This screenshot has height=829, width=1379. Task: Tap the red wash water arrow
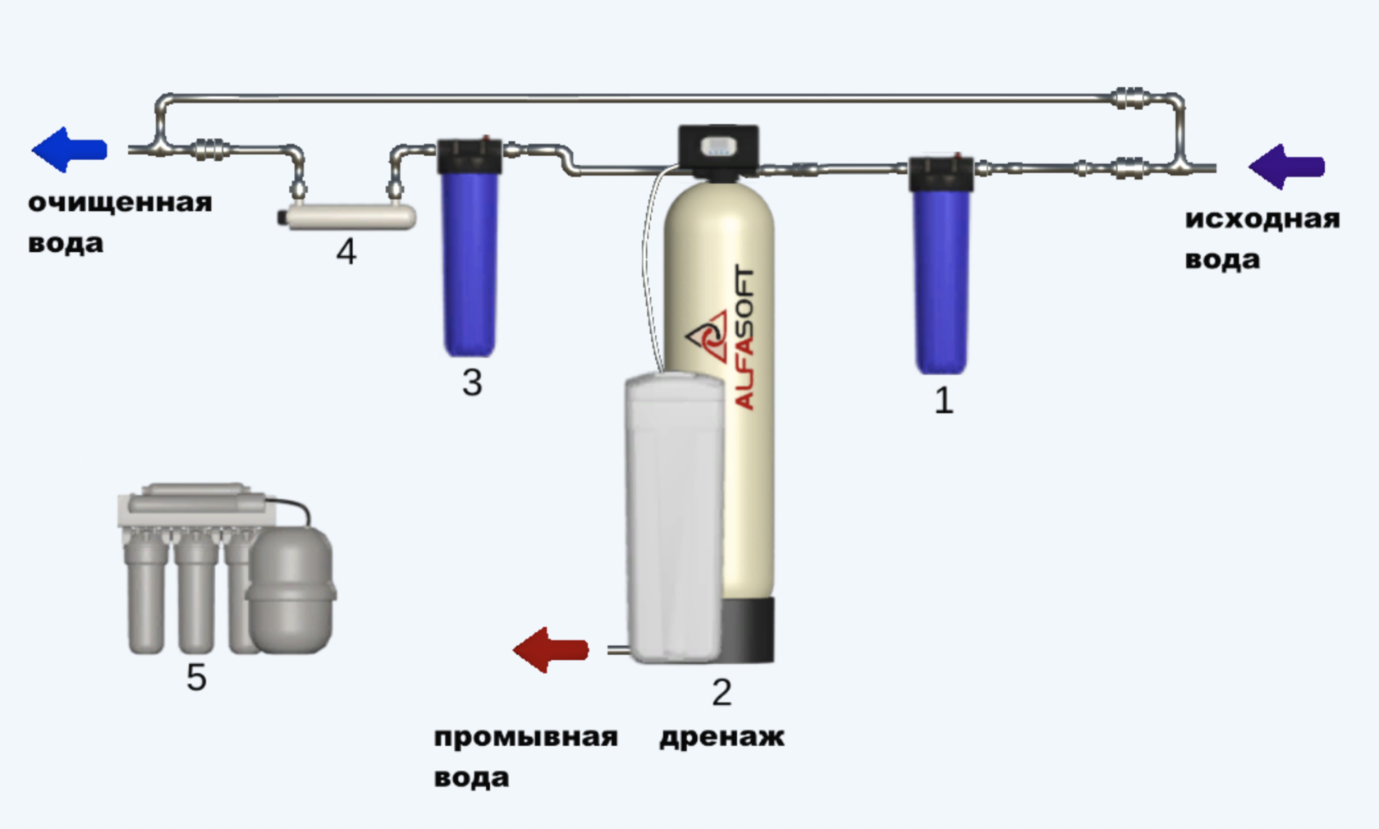coord(551,650)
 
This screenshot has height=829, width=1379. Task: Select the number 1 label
coord(944,401)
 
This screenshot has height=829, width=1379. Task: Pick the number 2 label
coord(722,693)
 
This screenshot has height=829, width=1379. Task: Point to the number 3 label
coord(472,382)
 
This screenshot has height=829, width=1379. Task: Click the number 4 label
coord(346,252)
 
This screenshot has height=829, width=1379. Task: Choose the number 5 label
coord(196,678)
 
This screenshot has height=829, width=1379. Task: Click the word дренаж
coord(722,737)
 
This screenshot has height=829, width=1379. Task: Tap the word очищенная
coord(120,203)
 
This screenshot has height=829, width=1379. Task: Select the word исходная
coord(1262,219)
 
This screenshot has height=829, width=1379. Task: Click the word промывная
coord(525,737)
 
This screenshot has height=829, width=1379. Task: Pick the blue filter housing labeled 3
coord(470,263)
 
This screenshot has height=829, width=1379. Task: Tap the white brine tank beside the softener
coord(673,517)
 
